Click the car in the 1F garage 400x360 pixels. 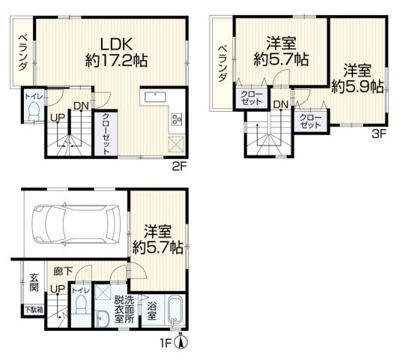click(75, 223)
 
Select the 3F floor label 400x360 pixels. click(379, 135)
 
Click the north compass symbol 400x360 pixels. click(181, 343)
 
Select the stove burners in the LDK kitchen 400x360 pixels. click(177, 118)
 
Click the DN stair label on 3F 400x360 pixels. click(280, 104)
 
